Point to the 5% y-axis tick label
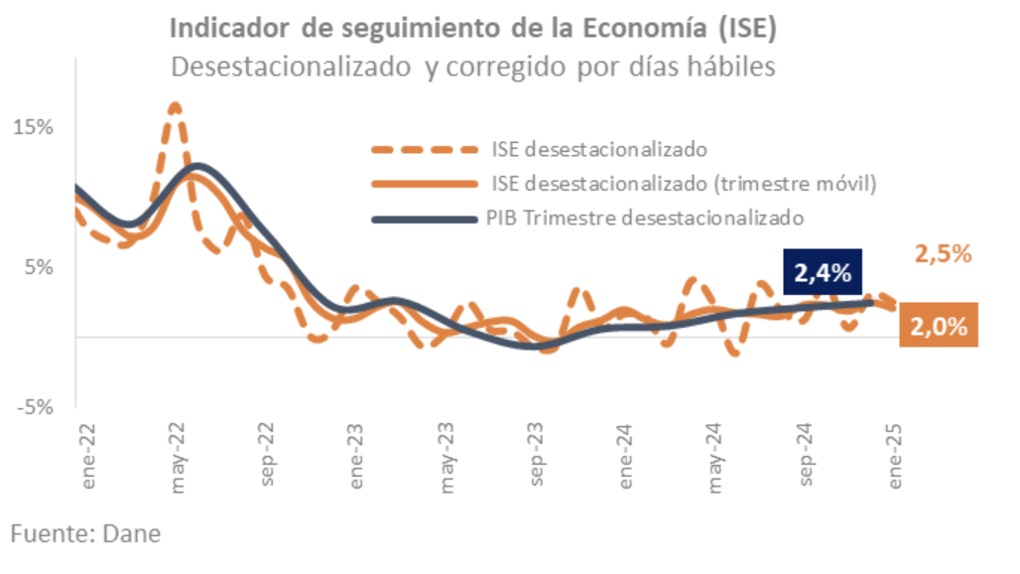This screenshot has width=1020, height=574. click(x=37, y=267)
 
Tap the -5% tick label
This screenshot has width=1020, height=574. click(x=34, y=407)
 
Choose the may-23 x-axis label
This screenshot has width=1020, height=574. click(x=447, y=460)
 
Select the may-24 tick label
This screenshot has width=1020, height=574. click(x=716, y=460)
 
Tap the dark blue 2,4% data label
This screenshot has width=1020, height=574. click(x=824, y=271)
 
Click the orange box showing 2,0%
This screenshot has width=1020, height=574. click(x=939, y=325)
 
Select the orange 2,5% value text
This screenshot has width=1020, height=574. click(x=941, y=254)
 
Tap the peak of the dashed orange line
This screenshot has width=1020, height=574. click(x=175, y=104)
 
